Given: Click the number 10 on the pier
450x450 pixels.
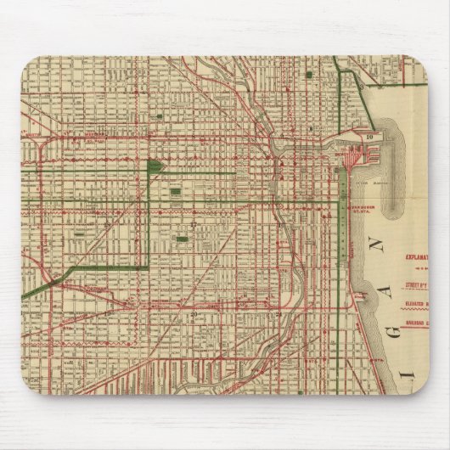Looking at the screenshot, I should [x=370, y=135].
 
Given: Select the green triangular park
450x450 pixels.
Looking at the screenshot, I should [x=155, y=166].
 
